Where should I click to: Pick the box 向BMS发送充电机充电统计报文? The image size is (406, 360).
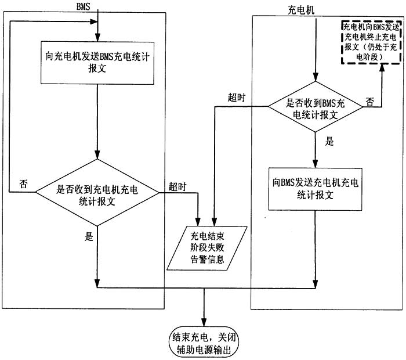(x=314, y=189)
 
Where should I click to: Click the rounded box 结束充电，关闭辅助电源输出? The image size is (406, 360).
(x=204, y=343)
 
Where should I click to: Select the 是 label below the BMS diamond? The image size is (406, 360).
(x=89, y=236)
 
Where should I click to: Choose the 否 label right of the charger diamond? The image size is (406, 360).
(x=369, y=101)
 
